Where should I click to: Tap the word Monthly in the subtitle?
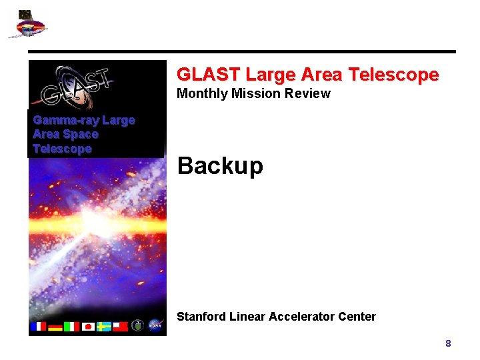(x=201, y=94)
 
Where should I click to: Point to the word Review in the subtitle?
(x=307, y=94)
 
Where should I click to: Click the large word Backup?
(x=220, y=166)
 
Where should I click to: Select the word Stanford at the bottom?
(x=201, y=317)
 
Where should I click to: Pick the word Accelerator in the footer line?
(x=302, y=317)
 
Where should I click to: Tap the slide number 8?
(x=448, y=343)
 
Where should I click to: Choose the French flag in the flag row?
(x=38, y=327)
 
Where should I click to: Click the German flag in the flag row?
(x=55, y=327)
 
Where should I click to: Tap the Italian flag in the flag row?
(x=71, y=327)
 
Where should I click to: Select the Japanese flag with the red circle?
(x=88, y=327)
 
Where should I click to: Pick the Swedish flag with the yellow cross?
(x=104, y=327)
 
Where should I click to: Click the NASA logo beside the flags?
(x=155, y=325)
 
